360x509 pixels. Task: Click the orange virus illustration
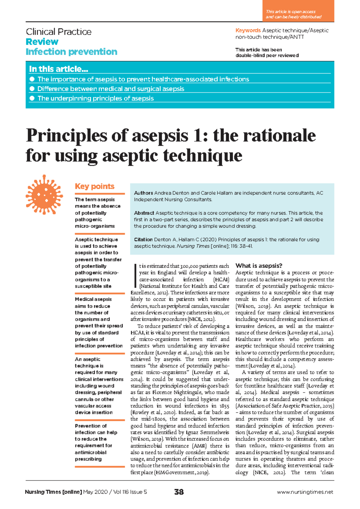point(44,194)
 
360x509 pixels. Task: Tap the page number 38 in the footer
point(179,492)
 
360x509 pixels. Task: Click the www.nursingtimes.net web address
point(305,492)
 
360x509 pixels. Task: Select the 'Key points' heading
point(94,186)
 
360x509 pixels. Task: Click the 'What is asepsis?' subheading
point(259,266)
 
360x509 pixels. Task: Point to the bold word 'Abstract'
point(144,213)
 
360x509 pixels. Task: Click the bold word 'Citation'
point(143,239)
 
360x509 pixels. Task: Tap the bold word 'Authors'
point(143,193)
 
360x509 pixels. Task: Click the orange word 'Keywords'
point(248,31)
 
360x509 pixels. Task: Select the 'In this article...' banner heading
point(58,69)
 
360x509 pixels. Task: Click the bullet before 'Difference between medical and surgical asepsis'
point(32,89)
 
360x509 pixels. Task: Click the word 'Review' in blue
point(42,42)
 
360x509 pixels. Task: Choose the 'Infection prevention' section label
point(71,52)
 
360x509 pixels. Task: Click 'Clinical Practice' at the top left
point(58,32)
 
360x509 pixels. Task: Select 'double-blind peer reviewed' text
point(267,56)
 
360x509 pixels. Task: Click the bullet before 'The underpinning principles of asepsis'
point(32,98)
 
